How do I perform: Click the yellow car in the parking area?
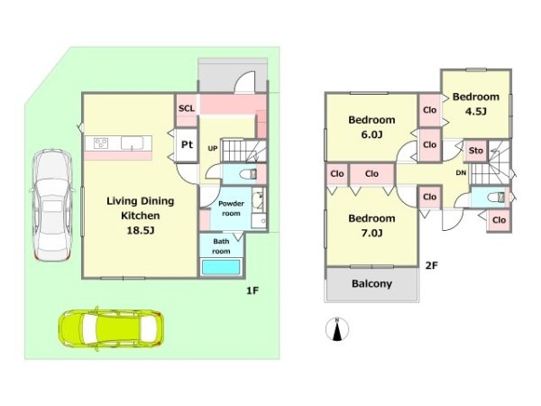[110, 328]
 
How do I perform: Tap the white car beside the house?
[52, 205]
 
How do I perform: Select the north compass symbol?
[337, 329]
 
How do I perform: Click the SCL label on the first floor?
[187, 108]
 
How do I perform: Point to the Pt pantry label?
[187, 144]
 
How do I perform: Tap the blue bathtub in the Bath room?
[221, 267]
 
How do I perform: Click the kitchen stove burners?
[101, 143]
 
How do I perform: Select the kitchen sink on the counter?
[133, 143]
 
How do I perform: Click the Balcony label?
[371, 284]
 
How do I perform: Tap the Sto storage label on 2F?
[476, 151]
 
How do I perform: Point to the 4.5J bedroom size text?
[476, 111]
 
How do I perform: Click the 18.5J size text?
[140, 230]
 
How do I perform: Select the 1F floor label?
[252, 291]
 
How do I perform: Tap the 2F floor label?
[431, 265]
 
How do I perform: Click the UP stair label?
[213, 149]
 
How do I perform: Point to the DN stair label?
[461, 173]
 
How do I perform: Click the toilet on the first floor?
[248, 174]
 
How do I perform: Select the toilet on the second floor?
[496, 198]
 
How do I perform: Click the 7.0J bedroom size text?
[371, 234]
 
